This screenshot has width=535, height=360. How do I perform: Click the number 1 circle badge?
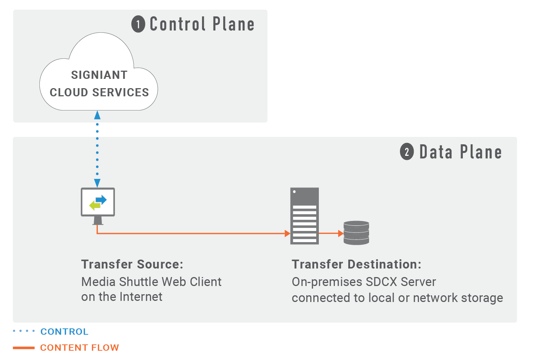coord(138,25)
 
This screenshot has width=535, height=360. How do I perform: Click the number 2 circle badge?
coord(407,152)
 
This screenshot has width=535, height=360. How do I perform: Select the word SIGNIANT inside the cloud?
coord(99,75)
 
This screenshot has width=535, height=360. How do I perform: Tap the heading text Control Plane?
coord(202,25)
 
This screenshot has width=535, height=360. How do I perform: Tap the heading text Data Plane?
coord(460,152)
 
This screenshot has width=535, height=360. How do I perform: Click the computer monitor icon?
coord(98,206)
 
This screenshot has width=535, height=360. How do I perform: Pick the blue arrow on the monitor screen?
coord(101,200)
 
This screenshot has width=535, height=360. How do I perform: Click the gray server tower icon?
coord(304,216)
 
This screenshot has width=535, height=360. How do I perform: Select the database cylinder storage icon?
coord(356,233)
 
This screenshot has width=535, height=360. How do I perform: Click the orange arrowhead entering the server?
coord(287,234)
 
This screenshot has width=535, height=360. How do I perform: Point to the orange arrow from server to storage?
coord(331,234)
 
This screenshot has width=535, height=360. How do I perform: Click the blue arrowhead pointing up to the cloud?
coord(97,115)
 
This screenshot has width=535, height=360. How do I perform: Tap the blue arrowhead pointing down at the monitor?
coord(97,183)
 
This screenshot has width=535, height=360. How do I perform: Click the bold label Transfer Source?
coord(132,264)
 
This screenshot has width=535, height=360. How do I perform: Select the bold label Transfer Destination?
coord(356,264)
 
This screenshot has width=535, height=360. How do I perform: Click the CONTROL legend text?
coord(64,331)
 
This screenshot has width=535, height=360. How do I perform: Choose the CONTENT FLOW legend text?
coord(80,348)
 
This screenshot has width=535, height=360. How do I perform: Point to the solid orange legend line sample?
coord(24,348)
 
